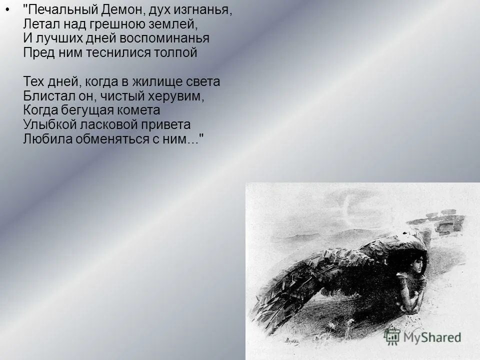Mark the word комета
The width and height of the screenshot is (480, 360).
pyautogui.click(x=140, y=109)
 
